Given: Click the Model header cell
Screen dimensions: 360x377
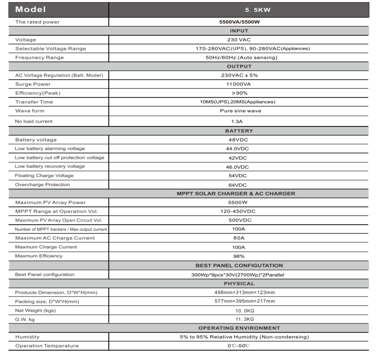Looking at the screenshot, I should pos(31,9).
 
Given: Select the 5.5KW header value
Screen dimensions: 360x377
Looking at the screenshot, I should pos(239,10).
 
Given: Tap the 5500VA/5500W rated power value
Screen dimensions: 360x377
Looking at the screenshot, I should pos(239,22).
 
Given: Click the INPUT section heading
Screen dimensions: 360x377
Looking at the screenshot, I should pos(239,31).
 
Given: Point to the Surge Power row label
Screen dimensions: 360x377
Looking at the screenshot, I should pos(33,84).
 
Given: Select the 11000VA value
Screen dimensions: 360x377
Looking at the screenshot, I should pos(239,84).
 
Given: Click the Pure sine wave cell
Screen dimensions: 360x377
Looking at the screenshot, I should pos(239,111).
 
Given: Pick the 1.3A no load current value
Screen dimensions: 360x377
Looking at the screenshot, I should pos(239,121).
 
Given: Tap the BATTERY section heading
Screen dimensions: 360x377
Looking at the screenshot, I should pos(239,131).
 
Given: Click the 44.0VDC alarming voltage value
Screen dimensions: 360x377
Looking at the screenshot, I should pos(239,149).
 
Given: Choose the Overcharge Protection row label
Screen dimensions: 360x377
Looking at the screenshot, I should pos(43,185).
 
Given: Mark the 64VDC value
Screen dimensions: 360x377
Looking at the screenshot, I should pos(239,185).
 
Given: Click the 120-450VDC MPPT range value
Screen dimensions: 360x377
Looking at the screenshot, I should pos(239,211).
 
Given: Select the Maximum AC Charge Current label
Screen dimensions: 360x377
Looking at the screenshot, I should pos(55,238).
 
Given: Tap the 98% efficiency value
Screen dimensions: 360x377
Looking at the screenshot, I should pos(239,256).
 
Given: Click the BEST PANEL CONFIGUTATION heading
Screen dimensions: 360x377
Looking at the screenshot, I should pos(239,266).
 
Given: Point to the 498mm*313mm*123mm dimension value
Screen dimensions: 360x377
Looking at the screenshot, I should pos(239,292).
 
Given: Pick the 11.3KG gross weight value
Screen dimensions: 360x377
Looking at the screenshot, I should pos(239,319).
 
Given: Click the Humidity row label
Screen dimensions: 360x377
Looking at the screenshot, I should pos(27,337).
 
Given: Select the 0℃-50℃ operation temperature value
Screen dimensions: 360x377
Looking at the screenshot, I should pos(239,346).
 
